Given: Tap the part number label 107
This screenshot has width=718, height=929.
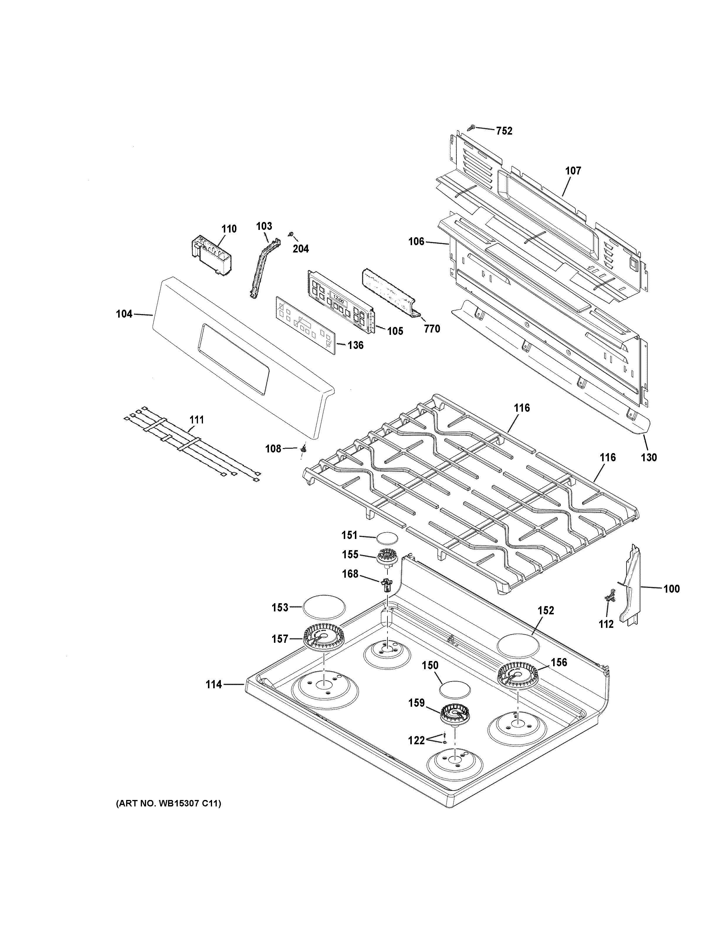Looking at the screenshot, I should pyautogui.click(x=573, y=171).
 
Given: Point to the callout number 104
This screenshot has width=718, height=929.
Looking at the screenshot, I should pyautogui.click(x=124, y=314).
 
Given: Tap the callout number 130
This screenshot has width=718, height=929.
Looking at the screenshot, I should pyautogui.click(x=649, y=458).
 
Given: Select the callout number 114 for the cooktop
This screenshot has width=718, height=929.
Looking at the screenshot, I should pyautogui.click(x=214, y=684).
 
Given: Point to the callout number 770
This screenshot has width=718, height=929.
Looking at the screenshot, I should pyautogui.click(x=432, y=329).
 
